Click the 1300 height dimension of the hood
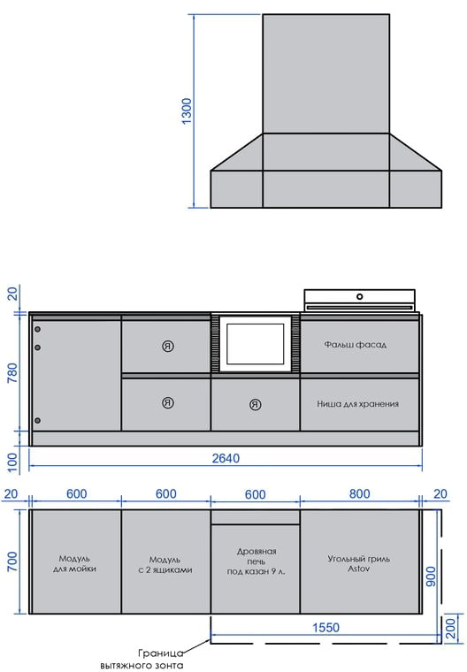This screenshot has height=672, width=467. coord(187,111)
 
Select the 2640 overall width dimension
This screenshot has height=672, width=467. coord(226,458)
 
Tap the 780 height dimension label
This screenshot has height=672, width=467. coord(12,373)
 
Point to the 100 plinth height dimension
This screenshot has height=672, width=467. coord(12,462)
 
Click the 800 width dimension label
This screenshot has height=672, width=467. coord(359,493)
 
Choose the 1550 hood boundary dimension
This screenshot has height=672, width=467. coord(325,628)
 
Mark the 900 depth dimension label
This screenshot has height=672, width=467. coord(431,577)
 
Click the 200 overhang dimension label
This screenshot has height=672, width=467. coord(450,629)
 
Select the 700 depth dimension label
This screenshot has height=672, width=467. coord(12,561)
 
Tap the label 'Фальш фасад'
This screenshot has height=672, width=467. coord(355,345)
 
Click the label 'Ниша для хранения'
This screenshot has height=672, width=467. coord(357,404)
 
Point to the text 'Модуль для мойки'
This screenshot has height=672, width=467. coord(74,563)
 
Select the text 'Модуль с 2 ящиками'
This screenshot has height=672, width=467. coord(165,565)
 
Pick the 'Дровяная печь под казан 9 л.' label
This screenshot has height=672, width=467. coord(256,561)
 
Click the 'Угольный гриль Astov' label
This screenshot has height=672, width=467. coord(359,563)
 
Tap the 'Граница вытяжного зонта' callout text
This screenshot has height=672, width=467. coord(142,659)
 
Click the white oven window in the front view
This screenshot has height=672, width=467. coord(255,344)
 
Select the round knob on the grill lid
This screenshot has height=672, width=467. coord(360,296)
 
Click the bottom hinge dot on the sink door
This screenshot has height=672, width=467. coord(38,420)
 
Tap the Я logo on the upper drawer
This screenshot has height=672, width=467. coord(168,347)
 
